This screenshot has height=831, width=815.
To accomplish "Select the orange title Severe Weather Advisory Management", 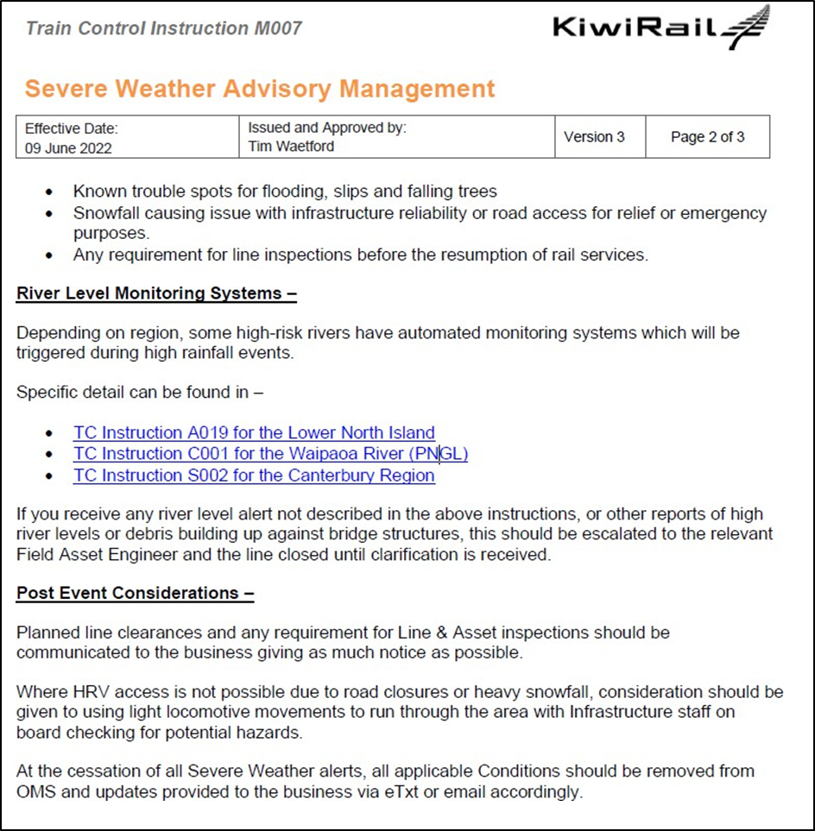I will point(260,89).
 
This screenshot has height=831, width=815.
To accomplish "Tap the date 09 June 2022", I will point(68,148).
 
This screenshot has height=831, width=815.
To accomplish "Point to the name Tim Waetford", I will point(291,147).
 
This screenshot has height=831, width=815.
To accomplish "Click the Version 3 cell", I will point(594,137).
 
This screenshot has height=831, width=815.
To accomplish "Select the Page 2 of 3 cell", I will point(707,137).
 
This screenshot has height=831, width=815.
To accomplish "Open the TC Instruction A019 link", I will point(254,432).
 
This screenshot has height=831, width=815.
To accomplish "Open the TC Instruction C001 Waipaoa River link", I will point(270,454).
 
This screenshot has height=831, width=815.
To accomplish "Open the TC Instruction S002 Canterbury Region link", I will point(254,475).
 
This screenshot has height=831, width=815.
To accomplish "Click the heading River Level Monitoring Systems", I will point(156,293).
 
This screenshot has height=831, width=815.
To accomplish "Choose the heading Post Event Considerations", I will point(135,593).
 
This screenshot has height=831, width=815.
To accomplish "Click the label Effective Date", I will point(71,129).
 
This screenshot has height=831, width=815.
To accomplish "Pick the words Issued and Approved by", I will point(327,128).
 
